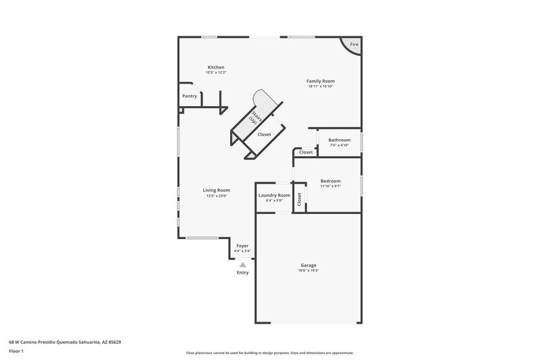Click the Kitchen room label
pyautogui.click(x=216, y=67)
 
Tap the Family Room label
pyautogui.click(x=321, y=81)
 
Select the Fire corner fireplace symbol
pyautogui.click(x=353, y=45)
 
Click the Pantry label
pyautogui.click(x=190, y=96)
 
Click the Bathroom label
pyautogui.click(x=340, y=140)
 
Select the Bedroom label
pyautogui.click(x=330, y=181)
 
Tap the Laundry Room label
pyautogui.click(x=274, y=195)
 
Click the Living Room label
pyautogui.click(x=217, y=190)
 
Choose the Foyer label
pyautogui.click(x=242, y=246)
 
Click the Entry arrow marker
pyautogui.click(x=242, y=265)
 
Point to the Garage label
pyautogui.click(x=308, y=265)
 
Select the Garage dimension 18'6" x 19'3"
pyautogui.click(x=308, y=270)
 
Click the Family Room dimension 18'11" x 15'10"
pyautogui.click(x=321, y=86)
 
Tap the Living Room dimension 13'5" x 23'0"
pyautogui.click(x=217, y=196)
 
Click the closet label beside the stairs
pyautogui.click(x=265, y=134)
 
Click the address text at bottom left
pyautogui.click(x=65, y=342)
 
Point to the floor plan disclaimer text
pyautogui.click(x=269, y=353)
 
